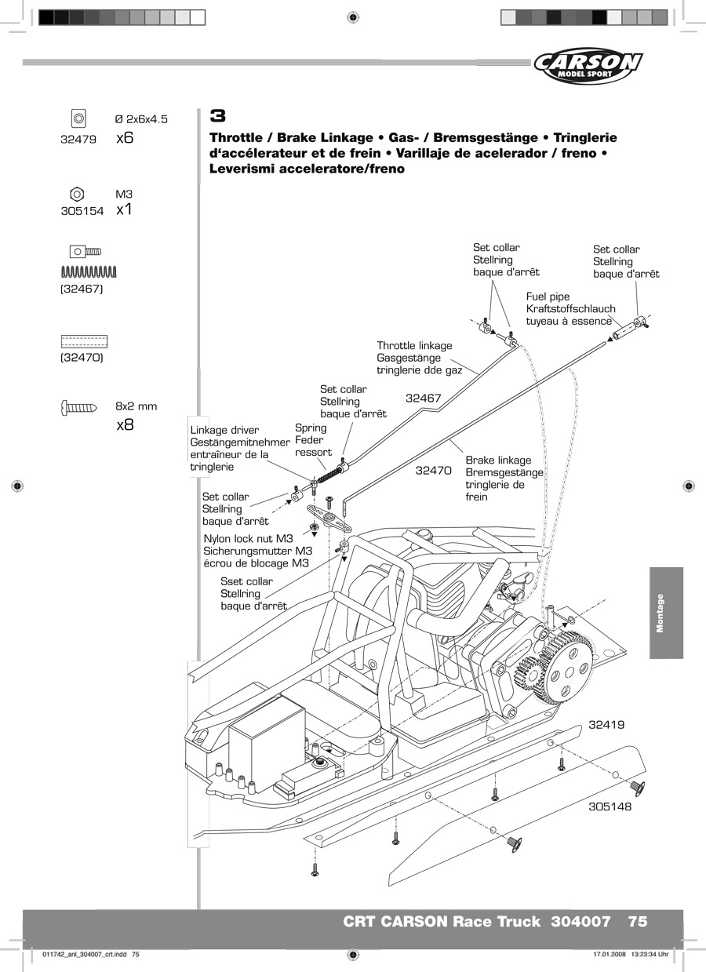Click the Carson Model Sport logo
588,66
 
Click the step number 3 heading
217,116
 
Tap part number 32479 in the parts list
78,140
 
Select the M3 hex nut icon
77,194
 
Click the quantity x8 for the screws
125,424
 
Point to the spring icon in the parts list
89,272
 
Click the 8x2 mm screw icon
79,407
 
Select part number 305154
82,211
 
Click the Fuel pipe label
548,297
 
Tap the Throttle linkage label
414,345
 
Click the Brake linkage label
498,460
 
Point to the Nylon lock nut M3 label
248,538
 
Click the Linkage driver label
224,430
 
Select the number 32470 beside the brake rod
434,471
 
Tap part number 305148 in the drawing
610,806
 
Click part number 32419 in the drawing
606,725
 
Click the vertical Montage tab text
660,613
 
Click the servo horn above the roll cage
329,517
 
